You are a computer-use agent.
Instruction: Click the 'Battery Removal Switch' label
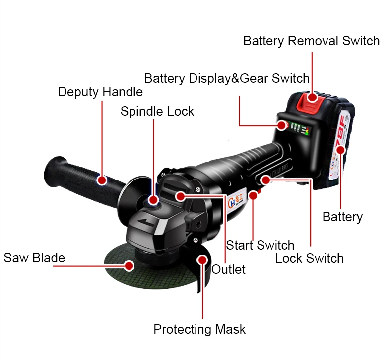tap(311, 41)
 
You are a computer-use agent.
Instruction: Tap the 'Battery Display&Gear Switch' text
tap(227, 78)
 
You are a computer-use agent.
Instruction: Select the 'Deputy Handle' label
tap(100, 92)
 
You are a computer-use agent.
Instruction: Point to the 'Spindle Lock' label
tap(157, 111)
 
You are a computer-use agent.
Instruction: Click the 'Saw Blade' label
tap(34, 258)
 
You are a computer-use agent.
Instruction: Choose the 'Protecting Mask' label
tap(199, 329)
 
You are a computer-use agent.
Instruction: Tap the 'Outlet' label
tap(229, 269)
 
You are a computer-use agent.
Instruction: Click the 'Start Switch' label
tap(260, 245)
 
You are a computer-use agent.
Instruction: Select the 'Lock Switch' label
tap(309, 258)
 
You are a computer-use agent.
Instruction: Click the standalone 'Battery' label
tap(342, 217)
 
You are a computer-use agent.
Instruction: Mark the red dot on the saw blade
tap(130, 266)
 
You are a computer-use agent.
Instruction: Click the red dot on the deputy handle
tap(102, 180)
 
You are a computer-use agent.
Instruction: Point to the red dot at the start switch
tap(253, 195)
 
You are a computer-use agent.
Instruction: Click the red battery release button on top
tap(311, 97)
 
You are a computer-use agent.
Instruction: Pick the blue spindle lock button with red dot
tap(153, 200)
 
